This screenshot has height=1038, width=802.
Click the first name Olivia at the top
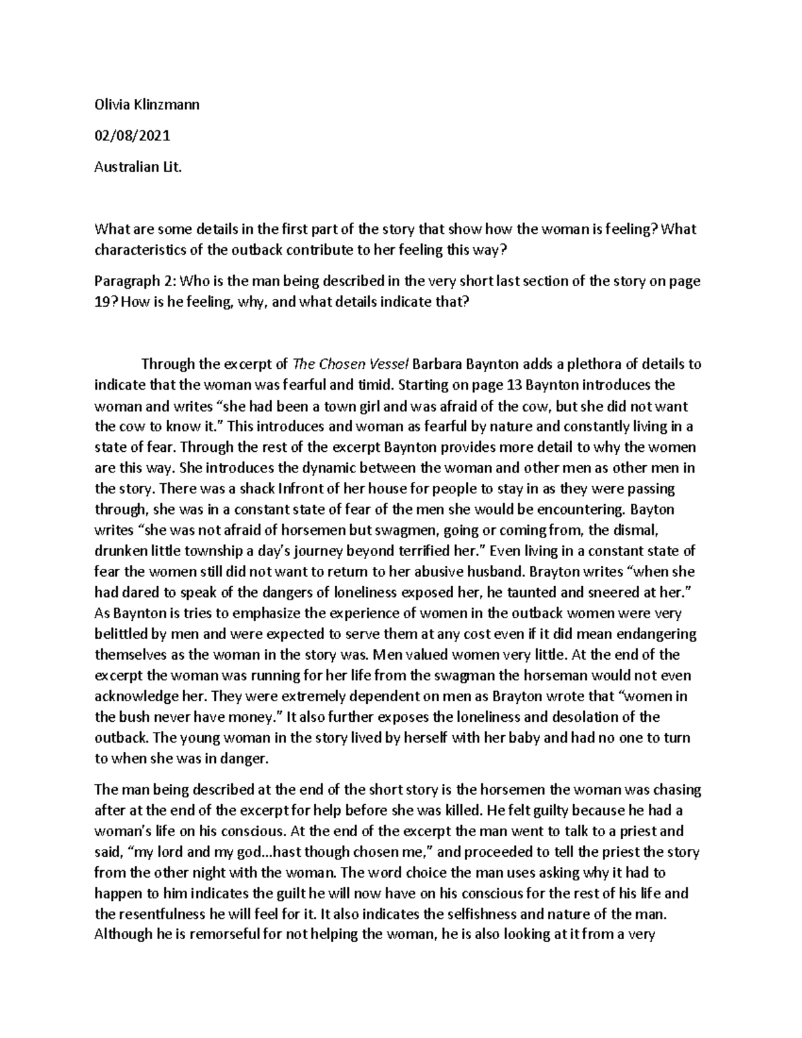110,104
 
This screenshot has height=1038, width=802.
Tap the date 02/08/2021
132,136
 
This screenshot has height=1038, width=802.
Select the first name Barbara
439,364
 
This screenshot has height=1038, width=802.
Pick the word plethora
598,364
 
